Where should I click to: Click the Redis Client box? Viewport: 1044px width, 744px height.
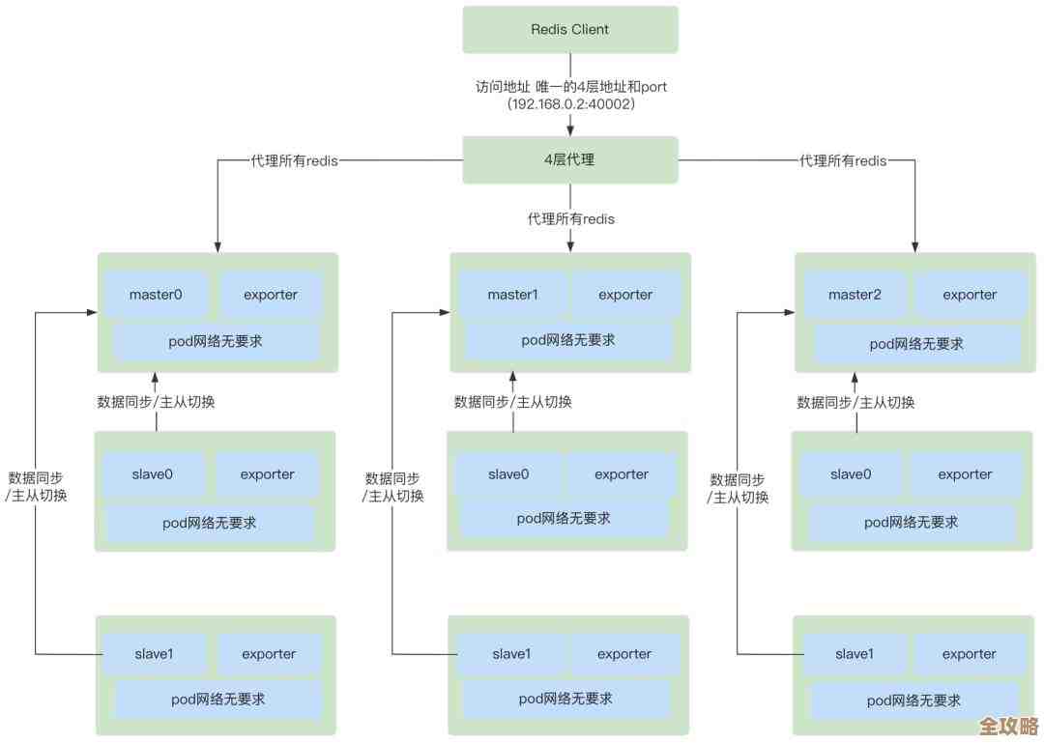click(570, 30)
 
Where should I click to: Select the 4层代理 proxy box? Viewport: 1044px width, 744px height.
click(570, 159)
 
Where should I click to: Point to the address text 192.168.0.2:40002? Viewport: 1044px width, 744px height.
click(570, 103)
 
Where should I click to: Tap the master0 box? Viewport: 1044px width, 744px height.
click(156, 295)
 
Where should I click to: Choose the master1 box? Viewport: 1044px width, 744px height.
click(512, 295)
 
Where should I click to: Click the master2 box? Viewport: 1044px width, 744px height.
click(855, 295)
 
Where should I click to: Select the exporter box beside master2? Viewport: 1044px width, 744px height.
click(970, 295)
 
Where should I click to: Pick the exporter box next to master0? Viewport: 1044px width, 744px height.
click(271, 295)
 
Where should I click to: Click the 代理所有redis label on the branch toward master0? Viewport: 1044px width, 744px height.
click(294, 160)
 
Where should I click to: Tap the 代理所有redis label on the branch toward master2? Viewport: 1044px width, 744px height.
click(843, 160)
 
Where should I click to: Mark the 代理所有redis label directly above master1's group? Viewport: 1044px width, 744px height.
click(570, 219)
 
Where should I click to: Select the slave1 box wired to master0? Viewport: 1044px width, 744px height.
click(154, 654)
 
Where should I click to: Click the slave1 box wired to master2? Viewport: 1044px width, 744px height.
click(854, 654)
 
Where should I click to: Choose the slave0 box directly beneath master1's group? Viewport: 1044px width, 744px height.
click(508, 474)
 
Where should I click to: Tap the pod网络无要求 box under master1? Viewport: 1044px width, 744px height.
click(568, 340)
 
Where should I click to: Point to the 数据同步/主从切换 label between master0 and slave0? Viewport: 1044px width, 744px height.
click(156, 402)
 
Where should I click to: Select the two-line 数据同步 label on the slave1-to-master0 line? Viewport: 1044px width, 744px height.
click(37, 487)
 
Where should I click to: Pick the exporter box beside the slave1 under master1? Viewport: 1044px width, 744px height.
click(623, 654)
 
